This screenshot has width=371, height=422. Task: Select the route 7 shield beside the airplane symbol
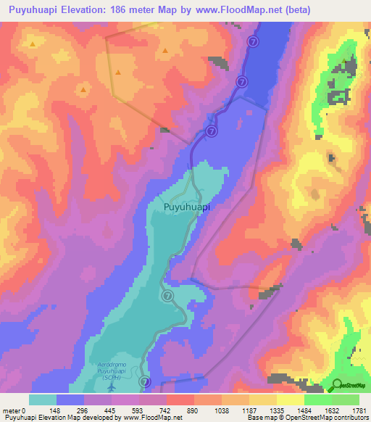(x=145, y=381)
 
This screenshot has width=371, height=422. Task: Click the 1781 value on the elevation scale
(x=359, y=410)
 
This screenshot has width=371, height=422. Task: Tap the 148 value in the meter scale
(x=57, y=410)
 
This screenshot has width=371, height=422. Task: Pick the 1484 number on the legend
(x=304, y=410)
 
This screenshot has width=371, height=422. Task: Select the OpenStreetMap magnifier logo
(x=336, y=386)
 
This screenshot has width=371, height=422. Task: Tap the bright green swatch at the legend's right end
(x=346, y=400)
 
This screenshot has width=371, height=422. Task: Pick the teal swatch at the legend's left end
(x=43, y=400)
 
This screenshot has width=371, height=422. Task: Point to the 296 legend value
(x=85, y=410)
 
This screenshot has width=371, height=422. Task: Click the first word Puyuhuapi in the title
(x=37, y=10)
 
